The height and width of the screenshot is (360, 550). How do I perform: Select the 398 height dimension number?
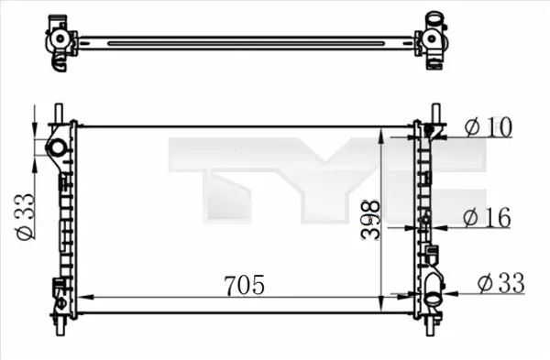368,221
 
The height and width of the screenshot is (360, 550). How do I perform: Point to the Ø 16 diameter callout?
487,217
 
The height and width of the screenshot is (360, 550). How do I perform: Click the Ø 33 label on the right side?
500,284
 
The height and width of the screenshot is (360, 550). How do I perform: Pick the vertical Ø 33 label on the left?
26,217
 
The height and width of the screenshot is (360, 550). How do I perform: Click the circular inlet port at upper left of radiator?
57,148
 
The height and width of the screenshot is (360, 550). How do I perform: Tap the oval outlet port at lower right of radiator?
432,296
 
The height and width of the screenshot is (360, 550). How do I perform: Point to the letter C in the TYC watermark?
431,179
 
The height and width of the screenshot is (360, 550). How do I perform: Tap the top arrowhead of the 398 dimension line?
381,131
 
